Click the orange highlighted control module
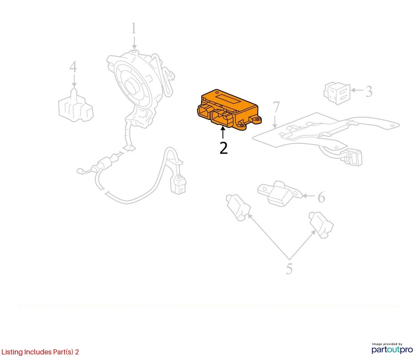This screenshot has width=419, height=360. pos(228,109)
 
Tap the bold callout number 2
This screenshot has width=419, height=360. pos(223,148)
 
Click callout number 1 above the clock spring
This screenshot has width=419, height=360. pos(134,28)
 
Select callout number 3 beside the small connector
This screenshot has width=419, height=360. pos(369,91)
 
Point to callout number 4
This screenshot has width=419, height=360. pos(73,67)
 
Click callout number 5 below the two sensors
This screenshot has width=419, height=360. pos(289,269)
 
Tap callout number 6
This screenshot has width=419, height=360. pos(321,197)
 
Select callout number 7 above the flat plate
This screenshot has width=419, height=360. pos(276,107)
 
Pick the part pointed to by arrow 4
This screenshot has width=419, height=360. pos(76,105)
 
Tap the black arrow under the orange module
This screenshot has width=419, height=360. pos(222,132)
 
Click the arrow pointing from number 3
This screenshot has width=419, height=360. pos(357,91)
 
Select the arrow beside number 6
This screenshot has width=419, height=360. pos(309,196)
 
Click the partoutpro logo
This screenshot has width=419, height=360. pos(392,348)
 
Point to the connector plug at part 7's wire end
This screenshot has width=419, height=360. pos(353,158)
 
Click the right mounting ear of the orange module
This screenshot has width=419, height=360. pos(256,120)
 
